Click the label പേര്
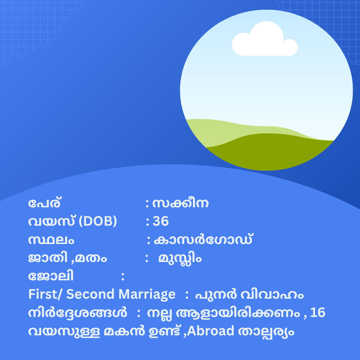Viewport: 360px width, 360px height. [x=44, y=203]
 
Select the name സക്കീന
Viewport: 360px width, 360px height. [x=180, y=203]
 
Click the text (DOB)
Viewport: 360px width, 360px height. [x=98, y=221]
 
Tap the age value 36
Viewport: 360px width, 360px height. [x=160, y=221]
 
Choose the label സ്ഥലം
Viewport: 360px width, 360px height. [x=51, y=240]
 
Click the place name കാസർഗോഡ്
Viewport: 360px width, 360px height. [x=203, y=239]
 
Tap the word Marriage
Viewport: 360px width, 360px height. [x=147, y=295]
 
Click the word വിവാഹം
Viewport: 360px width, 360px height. [x=272, y=295]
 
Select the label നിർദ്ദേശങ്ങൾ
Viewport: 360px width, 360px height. [x=77, y=312]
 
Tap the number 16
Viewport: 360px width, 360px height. [x=318, y=312]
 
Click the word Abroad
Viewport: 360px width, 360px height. [x=210, y=331]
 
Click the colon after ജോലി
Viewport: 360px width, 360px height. [x=123, y=276]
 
